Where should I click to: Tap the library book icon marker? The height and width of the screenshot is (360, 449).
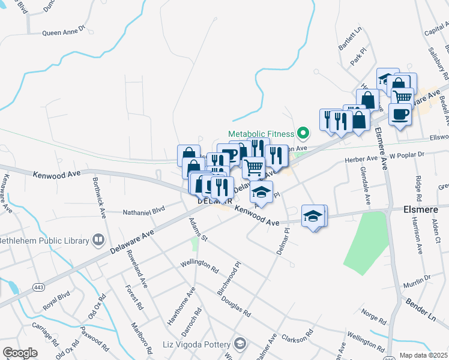[98, 241]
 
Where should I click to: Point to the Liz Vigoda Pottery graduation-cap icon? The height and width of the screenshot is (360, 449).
[240, 344]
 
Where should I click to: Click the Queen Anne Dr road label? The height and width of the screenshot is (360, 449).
[64, 31]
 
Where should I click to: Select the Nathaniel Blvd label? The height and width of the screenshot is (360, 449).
[143, 211]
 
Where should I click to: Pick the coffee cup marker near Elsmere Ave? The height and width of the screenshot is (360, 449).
[400, 113]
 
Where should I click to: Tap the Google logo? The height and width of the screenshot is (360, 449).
[20, 353]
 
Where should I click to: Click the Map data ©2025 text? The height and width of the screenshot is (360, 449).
[424, 355]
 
